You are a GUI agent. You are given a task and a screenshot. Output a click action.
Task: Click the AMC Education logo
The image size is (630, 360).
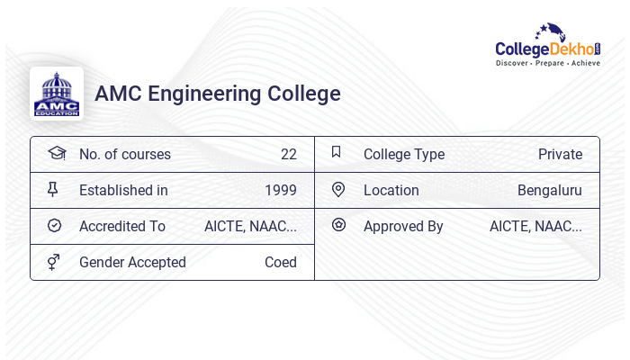pos(57,94)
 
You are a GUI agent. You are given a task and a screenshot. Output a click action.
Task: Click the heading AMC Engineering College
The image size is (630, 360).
pos(218,94)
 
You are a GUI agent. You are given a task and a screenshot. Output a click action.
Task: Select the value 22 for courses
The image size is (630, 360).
pos(288,154)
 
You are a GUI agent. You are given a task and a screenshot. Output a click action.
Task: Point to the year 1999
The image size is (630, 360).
pos(280,190)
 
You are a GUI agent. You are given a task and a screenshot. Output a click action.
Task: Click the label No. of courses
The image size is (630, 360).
pos(124,154)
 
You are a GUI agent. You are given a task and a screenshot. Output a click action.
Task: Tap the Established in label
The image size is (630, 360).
pos(123,190)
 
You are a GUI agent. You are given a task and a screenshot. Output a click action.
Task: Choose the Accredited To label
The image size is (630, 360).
pos(122,226)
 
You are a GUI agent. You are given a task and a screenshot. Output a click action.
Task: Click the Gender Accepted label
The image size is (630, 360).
pos(132,262)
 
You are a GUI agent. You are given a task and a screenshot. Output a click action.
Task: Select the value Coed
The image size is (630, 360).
pos(280,262)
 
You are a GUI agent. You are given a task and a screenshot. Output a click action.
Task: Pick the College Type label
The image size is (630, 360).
pos(403,154)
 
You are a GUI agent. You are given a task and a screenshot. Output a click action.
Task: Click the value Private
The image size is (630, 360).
pos(560,154)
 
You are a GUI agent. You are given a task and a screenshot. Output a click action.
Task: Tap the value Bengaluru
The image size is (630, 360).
pos(549,190)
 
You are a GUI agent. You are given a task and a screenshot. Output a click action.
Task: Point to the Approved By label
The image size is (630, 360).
pos(403,226)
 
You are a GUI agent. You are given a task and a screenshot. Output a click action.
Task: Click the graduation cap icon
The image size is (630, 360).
pos(56,153)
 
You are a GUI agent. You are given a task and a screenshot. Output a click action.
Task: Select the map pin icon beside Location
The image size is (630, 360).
pos(338,189)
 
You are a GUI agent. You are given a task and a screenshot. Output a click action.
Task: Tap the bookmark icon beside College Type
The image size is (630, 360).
pos(337,152)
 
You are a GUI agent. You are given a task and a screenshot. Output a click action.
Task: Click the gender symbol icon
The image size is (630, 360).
pos(54,262)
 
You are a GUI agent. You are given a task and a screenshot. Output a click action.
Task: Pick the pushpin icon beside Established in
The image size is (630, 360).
pos(53,189)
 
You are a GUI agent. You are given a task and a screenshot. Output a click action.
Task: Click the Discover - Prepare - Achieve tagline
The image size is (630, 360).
pos(547,64)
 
